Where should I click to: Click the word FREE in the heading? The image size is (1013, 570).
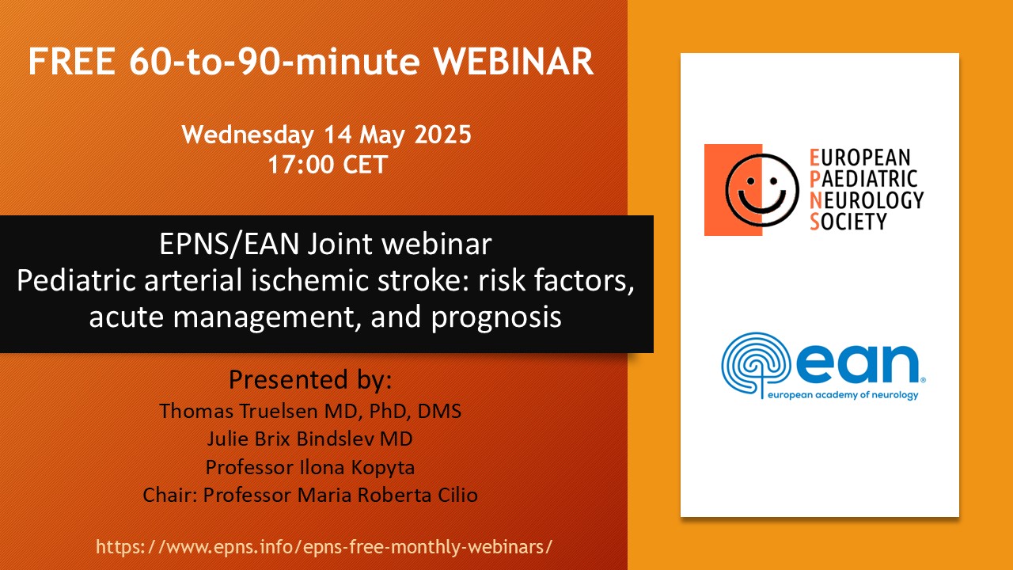coord(71,62)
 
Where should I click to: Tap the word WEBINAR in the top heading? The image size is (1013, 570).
coord(514,62)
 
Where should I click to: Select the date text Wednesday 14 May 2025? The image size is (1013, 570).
coord(326,135)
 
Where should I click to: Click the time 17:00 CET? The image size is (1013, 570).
coord(328,164)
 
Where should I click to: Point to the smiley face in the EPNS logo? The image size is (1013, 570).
coord(761,190)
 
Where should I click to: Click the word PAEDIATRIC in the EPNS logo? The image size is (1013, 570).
coord(863,179)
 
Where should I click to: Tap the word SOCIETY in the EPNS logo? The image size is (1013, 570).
coord(848,222)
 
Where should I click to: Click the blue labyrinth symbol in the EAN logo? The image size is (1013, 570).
coord(756,365)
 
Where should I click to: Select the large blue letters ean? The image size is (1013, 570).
coord(857,363)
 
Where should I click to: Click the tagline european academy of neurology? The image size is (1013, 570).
coord(843,395)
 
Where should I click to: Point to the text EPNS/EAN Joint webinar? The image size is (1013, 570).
coord(325,245)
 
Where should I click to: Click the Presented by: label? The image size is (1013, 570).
coord(310,379)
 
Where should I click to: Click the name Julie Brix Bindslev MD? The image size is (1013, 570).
coord(309,439)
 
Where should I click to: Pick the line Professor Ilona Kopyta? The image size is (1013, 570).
coord(310,467)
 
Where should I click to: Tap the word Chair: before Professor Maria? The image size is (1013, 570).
coord(170,495)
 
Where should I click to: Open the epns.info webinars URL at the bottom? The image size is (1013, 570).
coord(324,547)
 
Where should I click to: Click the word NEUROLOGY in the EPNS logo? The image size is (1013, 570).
coord(867,200)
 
